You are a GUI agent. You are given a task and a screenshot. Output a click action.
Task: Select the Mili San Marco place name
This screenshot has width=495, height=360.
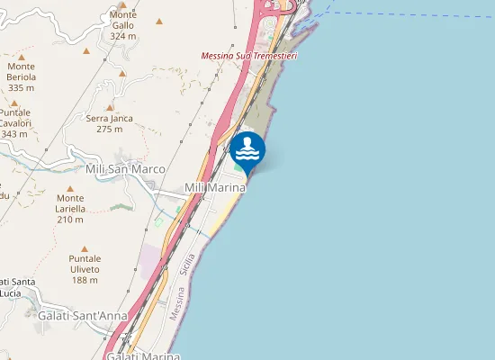point(125,168)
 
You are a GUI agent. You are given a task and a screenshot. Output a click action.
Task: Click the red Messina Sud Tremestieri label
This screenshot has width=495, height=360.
point(249,56)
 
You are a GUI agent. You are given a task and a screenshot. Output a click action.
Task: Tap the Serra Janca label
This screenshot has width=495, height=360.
point(110,118)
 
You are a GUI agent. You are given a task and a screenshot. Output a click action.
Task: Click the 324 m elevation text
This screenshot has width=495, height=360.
point(123,37)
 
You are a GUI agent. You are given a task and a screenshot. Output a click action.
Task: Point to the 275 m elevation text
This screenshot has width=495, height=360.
point(110,129)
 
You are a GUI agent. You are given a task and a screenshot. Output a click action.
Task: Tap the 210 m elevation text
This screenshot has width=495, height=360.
point(70,219)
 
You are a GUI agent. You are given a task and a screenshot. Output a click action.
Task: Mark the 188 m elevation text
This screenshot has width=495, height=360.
point(85,280)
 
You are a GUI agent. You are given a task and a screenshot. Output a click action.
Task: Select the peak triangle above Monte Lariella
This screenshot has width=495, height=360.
point(70,189)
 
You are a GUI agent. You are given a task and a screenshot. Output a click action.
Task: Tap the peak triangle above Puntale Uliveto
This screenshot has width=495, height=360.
point(85,249)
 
